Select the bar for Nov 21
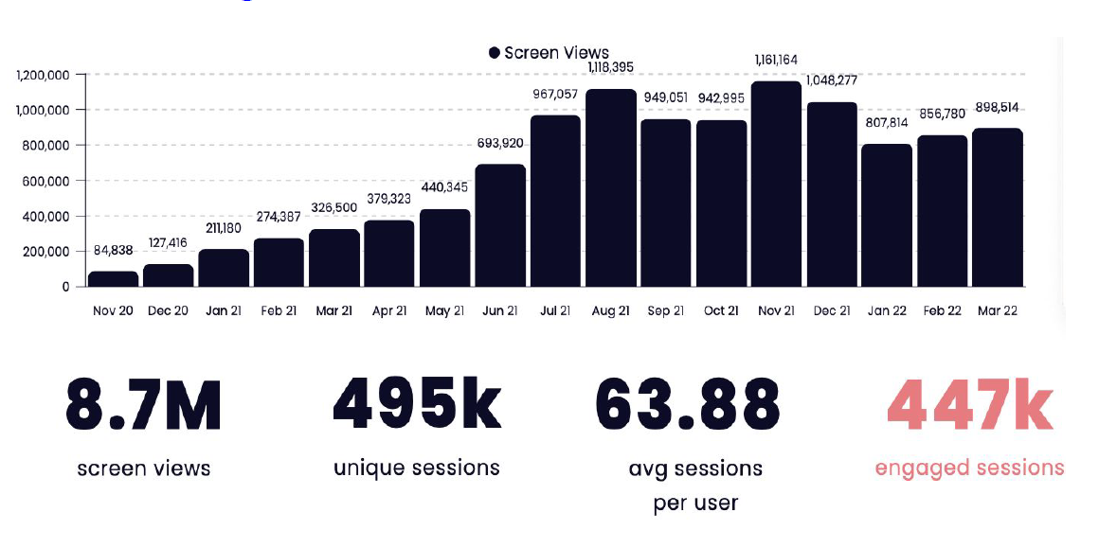(776, 185)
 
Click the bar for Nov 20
(113, 279)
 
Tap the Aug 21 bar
(610, 188)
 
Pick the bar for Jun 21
(500, 225)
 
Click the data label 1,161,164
(776, 61)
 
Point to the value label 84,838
(114, 251)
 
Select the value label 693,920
(500, 143)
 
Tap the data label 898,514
(998, 107)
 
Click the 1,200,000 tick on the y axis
(43, 75)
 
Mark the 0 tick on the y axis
(66, 287)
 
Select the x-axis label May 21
(444, 310)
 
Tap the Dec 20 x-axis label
(168, 310)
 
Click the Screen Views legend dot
(494, 53)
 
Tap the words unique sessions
(416, 468)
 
